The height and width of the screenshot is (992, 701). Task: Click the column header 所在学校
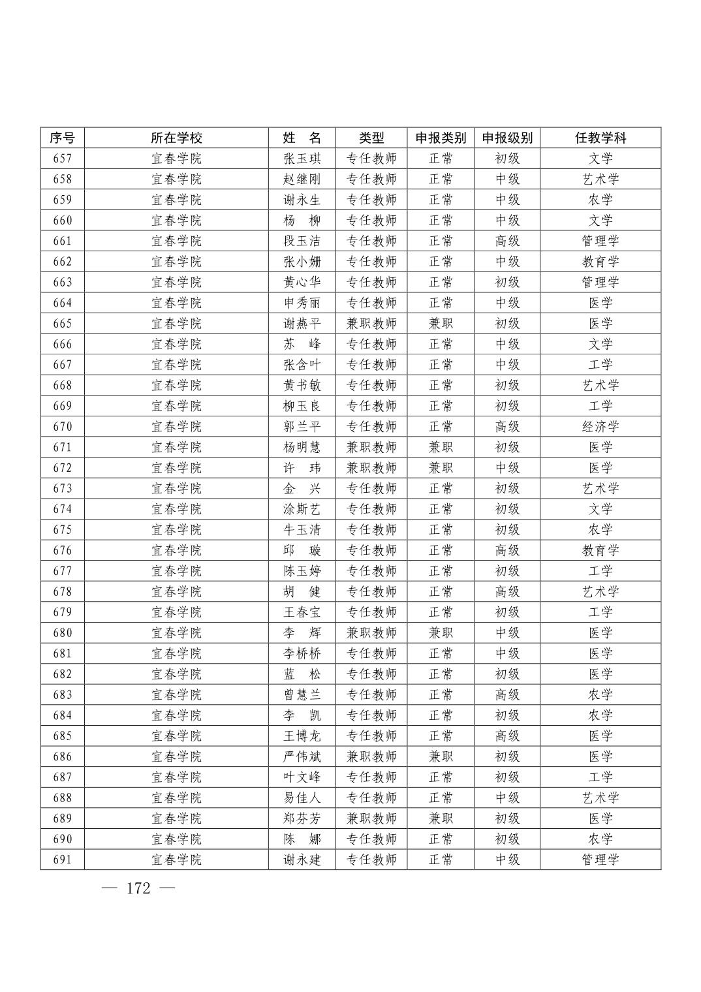coord(176,138)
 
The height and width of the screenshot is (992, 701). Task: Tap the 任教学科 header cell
coord(600,138)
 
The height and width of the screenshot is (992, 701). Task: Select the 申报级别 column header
coord(507,138)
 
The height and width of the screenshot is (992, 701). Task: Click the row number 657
coord(62,159)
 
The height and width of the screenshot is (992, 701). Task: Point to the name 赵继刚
coord(302,179)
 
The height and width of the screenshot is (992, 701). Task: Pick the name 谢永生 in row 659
coord(302,200)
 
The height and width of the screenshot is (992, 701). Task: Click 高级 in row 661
coord(507,241)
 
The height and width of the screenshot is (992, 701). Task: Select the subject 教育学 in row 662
coord(600,262)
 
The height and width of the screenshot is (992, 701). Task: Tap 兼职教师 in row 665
coord(371,324)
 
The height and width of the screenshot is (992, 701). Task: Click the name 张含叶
coord(302,365)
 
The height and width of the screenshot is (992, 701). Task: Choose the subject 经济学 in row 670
coord(600,427)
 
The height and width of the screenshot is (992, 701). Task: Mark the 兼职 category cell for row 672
coord(441,468)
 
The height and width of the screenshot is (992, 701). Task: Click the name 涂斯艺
coord(302,509)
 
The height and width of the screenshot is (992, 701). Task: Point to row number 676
coord(62,551)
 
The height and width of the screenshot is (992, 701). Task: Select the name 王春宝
coord(302,612)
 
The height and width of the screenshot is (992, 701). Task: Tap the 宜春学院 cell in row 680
coord(176,633)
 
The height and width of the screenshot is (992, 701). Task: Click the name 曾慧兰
coord(302,695)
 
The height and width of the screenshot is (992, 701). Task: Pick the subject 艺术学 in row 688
coord(600,798)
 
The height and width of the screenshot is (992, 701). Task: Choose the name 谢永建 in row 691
coord(302,860)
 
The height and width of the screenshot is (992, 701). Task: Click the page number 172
coord(138,889)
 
